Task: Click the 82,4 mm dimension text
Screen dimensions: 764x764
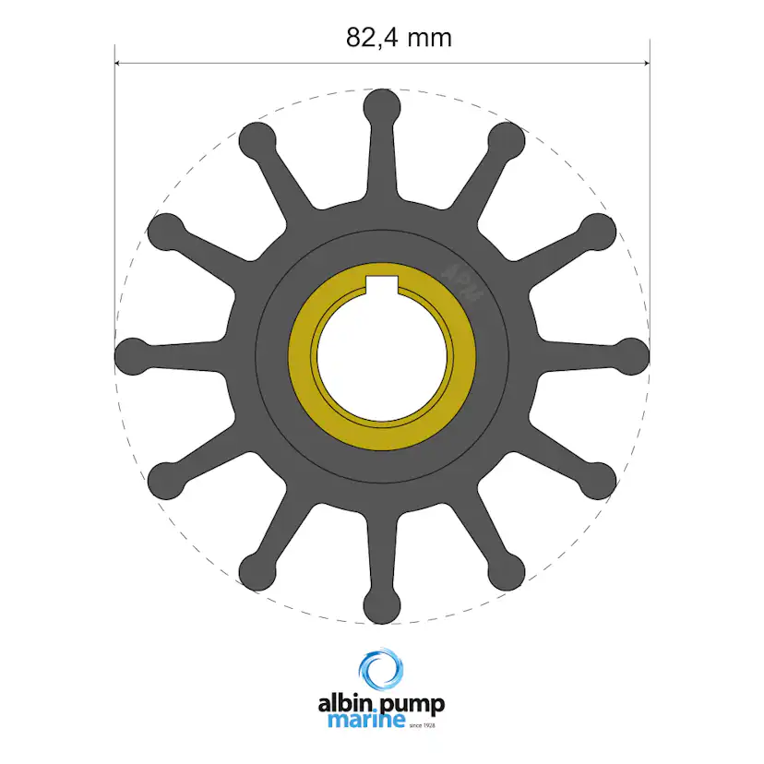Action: coord(399,37)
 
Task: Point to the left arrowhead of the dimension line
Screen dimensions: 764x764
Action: coord(120,64)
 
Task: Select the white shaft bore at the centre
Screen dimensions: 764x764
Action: coord(382,356)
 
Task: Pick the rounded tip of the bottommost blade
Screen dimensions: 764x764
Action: coord(382,606)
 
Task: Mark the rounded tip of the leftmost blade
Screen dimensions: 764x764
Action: coord(132,355)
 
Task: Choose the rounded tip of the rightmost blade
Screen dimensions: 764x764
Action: coord(633,355)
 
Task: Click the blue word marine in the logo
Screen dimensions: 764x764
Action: coord(366,720)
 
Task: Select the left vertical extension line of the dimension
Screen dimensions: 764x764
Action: coord(114,185)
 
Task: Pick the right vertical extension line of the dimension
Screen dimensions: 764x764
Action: coord(650,185)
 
